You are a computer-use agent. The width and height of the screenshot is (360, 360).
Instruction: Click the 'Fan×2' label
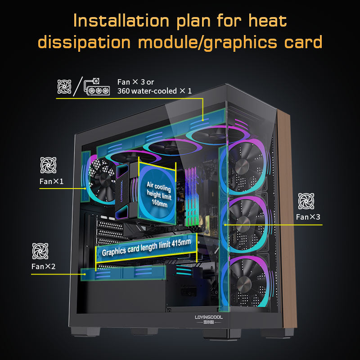44,266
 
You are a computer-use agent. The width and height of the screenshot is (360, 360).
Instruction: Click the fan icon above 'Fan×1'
49,165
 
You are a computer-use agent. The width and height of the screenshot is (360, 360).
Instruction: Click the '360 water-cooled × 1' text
154,91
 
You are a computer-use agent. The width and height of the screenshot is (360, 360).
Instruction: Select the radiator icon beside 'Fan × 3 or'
98,86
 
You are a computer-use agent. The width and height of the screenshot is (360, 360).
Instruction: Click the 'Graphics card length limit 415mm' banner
146,248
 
